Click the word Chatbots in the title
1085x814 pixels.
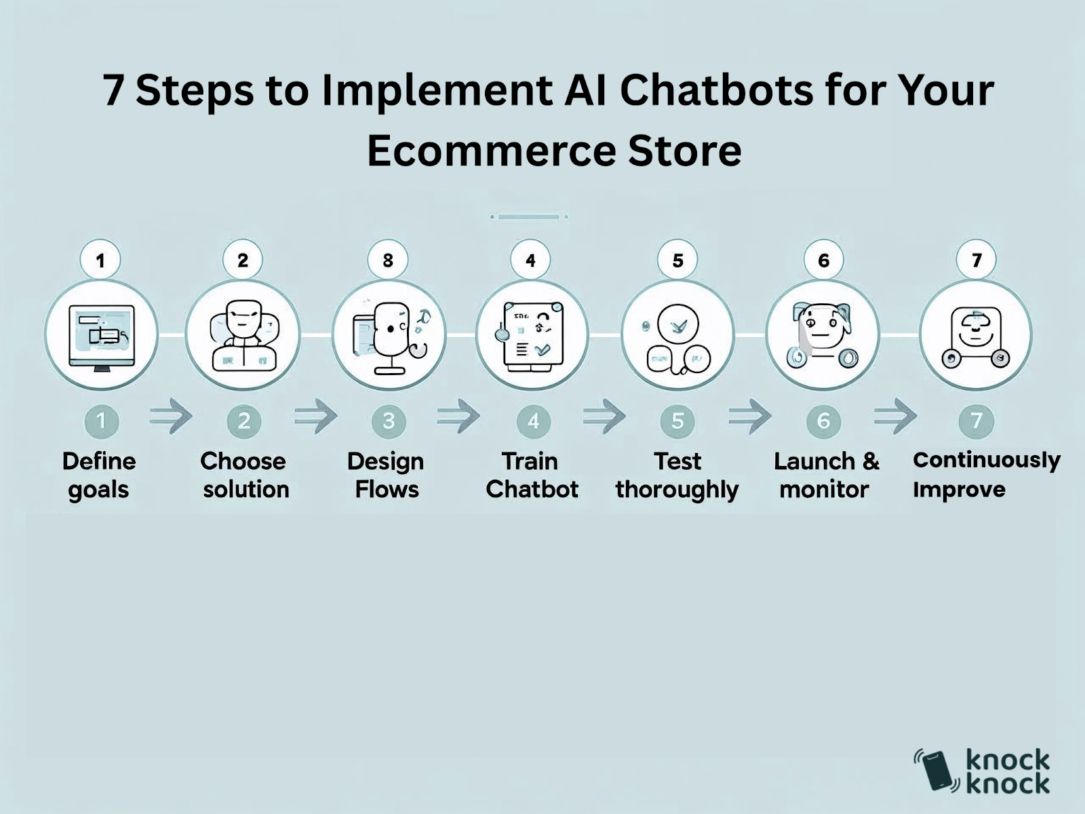716,91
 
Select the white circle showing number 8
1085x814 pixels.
388,260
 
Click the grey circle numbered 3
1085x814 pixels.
389,421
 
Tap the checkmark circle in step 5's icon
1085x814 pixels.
677,325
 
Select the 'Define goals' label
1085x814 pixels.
99,476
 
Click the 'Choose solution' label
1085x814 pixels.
245,476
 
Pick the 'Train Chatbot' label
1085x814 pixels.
532,476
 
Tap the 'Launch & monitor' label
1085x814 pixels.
826,476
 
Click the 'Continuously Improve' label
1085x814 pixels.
987,474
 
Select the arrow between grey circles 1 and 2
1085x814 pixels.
171,416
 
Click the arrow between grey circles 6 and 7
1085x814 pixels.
896,416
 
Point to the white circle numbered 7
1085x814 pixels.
976,260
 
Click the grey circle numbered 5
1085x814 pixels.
677,421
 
